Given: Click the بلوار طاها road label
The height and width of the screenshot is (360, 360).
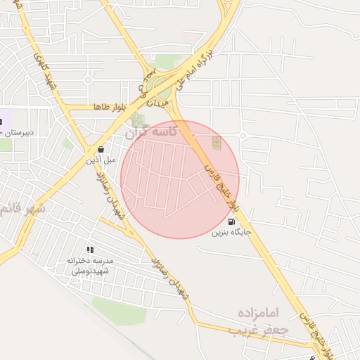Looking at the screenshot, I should [x=109, y=108].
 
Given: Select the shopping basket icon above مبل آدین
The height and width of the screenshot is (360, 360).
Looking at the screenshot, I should [x=102, y=149].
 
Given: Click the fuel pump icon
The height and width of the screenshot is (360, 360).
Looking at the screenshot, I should [x=231, y=222].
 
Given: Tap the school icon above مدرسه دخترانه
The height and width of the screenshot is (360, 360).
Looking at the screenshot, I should [x=90, y=250].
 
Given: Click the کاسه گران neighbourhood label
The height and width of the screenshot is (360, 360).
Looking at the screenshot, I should [x=160, y=130].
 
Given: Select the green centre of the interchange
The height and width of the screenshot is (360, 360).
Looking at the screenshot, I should [x=163, y=90].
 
